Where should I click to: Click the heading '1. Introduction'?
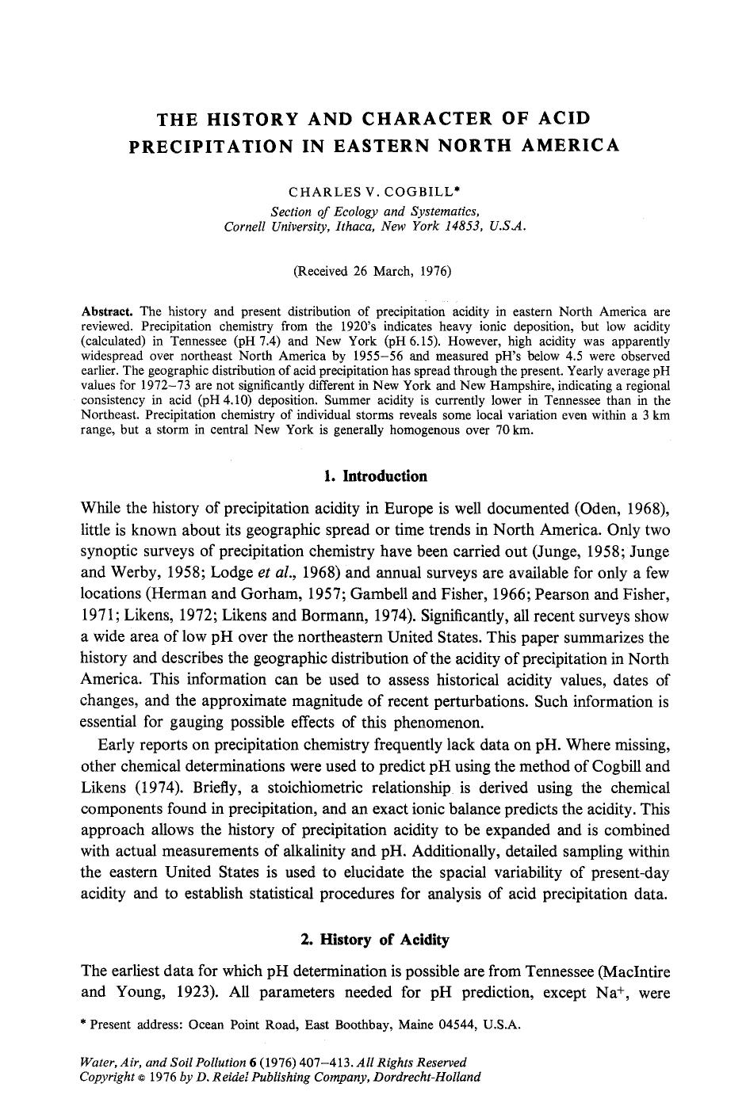click(375, 476)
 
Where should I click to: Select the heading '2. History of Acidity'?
click(375, 940)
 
